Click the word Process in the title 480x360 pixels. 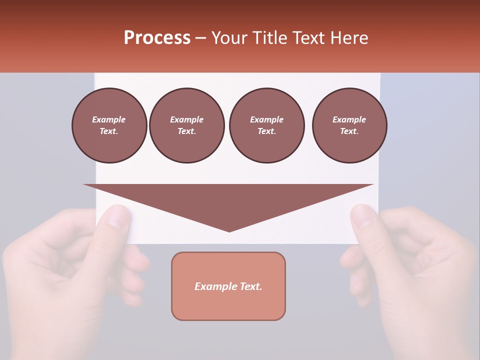(157, 38)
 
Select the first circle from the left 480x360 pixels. (109, 125)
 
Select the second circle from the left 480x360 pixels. (186, 125)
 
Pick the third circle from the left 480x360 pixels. (266, 125)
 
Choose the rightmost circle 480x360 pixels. (349, 125)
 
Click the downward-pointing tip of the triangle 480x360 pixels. (229, 230)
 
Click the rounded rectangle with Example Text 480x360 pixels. (228, 286)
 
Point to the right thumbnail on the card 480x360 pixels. (362, 216)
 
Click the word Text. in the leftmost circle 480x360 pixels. (109, 131)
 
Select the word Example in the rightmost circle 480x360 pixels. (349, 119)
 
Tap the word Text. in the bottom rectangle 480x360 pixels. (251, 286)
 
